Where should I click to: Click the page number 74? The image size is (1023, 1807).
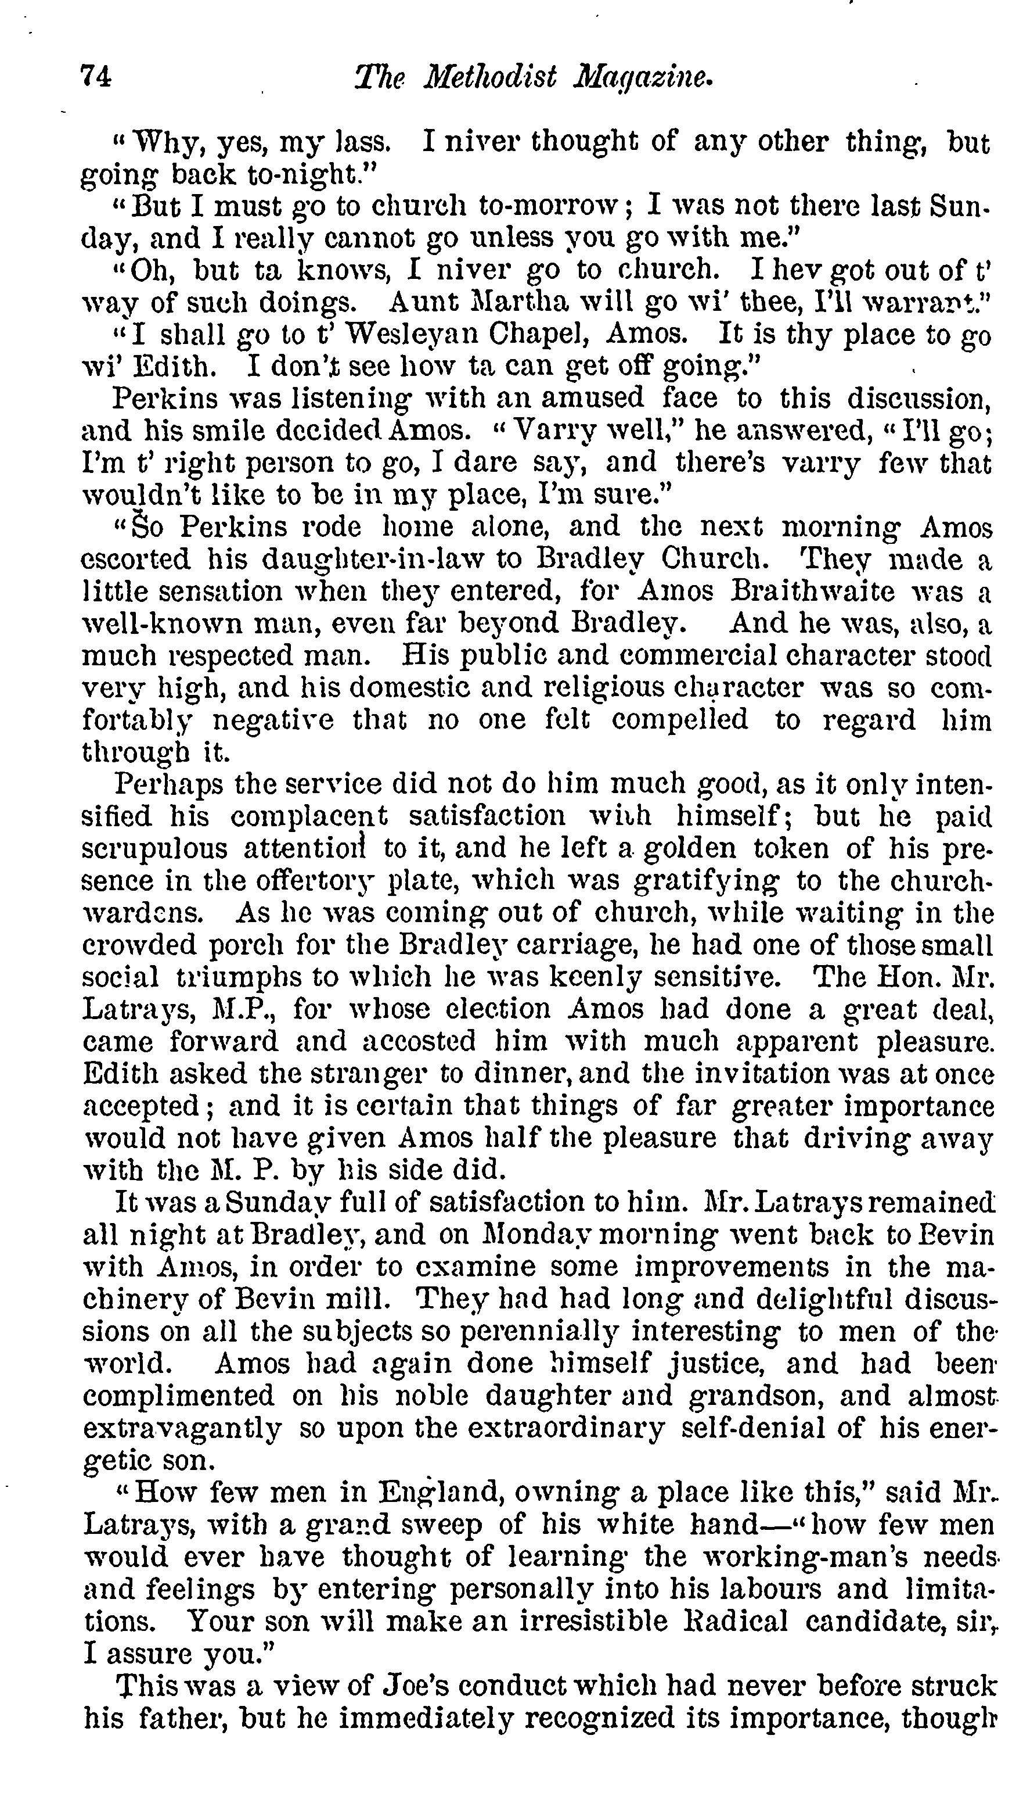coord(97,76)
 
